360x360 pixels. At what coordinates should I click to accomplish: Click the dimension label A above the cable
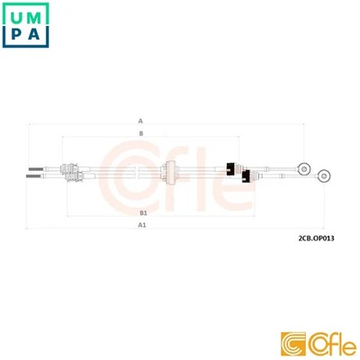click(x=140, y=119)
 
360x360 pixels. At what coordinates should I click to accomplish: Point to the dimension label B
click(x=140, y=133)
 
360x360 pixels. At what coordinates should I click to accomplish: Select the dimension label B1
click(x=143, y=211)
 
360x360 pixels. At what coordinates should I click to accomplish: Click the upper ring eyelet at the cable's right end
click(x=304, y=168)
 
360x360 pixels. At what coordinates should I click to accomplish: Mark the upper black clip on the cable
click(x=230, y=167)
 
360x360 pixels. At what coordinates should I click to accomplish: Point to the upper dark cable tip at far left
click(x=34, y=168)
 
